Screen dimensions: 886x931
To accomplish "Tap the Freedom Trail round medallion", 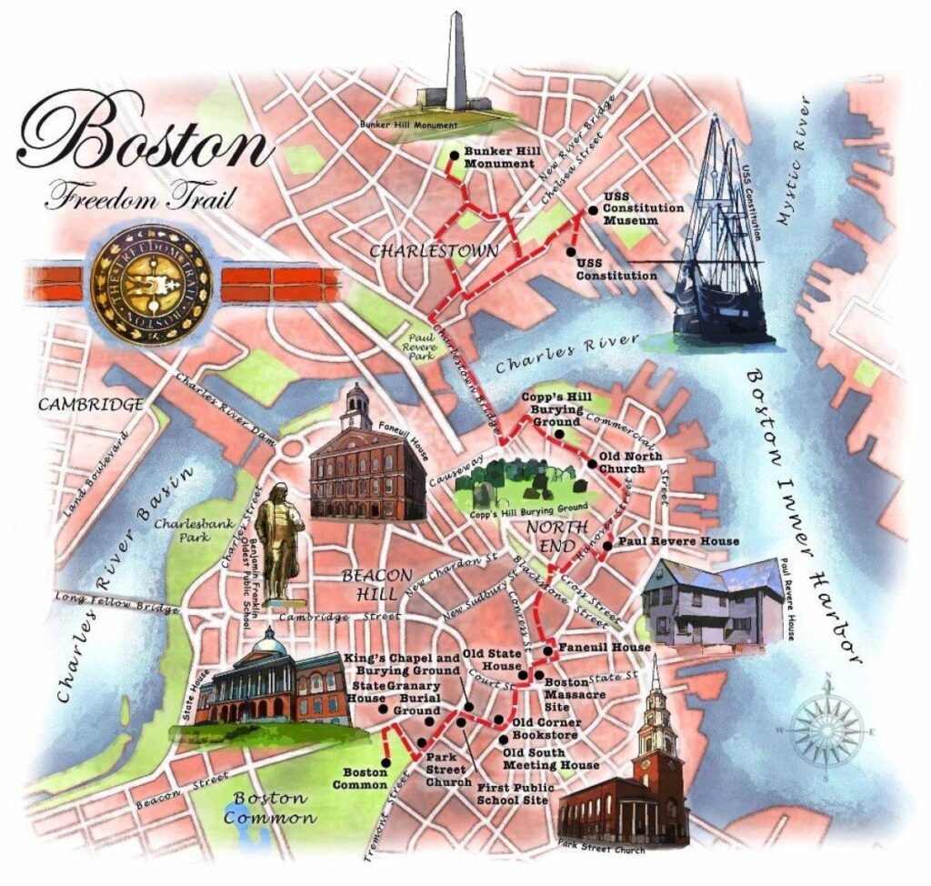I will click(x=151, y=284).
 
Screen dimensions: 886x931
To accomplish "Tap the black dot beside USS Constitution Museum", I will click(x=592, y=210).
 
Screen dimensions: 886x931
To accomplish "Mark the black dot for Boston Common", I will click(x=385, y=762).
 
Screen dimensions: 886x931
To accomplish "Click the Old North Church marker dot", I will click(x=592, y=465).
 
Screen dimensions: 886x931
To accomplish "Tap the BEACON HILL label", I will click(x=378, y=585).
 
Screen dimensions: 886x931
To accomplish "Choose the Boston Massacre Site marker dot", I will click(x=538, y=675).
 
